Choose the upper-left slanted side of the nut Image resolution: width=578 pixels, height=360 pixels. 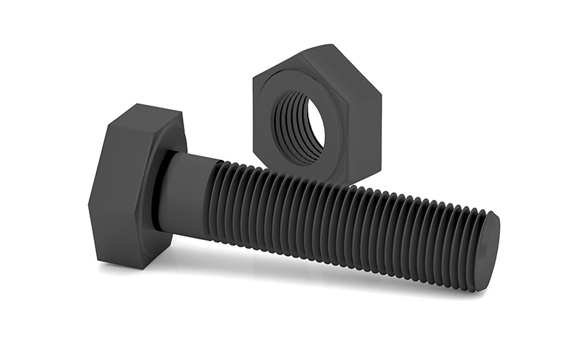point(278,61)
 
